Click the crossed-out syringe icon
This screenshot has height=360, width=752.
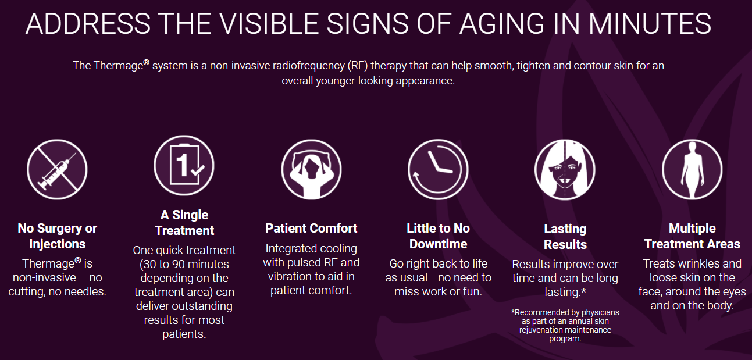pos(57,170)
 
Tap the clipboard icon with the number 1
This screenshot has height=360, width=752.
pos(184,165)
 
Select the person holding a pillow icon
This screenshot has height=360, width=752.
pos(311,170)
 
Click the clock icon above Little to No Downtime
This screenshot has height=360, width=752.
pos(438,170)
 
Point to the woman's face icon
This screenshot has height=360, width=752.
pos(565,170)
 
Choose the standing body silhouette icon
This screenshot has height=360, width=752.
pos(692,170)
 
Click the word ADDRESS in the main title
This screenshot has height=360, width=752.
pos(88,23)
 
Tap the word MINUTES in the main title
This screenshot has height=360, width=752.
pos(650,23)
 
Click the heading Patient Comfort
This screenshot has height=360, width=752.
pos(311,229)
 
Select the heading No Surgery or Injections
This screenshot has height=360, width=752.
pos(57,236)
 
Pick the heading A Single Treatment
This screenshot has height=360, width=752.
pos(184,223)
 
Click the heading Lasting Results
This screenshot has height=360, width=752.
pos(565,237)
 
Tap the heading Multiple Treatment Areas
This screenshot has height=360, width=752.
pos(692,236)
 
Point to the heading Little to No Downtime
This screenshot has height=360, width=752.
pos(438,236)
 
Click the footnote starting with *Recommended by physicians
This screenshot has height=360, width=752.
pos(565,326)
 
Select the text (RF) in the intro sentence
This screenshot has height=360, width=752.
pos(358,66)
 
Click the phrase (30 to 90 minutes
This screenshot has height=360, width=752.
pos(184,264)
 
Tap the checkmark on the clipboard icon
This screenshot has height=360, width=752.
pos(197,170)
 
